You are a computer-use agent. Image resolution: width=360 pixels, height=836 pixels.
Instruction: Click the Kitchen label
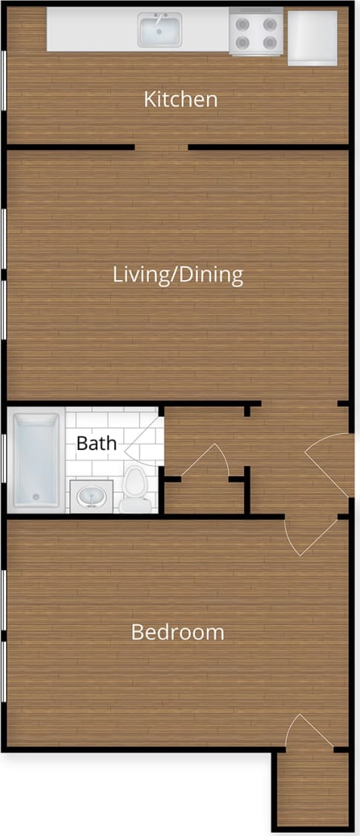click(x=180, y=99)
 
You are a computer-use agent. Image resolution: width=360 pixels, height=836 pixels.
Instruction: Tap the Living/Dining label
click(x=177, y=275)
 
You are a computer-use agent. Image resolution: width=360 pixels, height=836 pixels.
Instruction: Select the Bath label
click(x=96, y=444)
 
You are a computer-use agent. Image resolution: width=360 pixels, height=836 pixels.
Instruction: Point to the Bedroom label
click(x=177, y=633)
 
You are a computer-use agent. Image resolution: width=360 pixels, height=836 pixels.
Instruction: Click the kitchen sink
click(x=160, y=30)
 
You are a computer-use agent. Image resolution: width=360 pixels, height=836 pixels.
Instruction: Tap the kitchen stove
click(x=255, y=32)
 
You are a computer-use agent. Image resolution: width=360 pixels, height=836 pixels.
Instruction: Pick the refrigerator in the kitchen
click(x=312, y=37)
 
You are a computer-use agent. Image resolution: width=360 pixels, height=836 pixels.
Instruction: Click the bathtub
click(x=36, y=460)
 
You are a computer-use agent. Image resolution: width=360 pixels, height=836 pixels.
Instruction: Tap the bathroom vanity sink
click(x=92, y=495)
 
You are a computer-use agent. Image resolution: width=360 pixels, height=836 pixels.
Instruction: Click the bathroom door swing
click(x=145, y=438)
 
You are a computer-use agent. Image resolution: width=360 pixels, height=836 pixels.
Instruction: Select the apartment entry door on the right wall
click(x=330, y=465)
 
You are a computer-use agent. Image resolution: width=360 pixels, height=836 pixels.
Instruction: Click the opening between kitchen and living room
click(x=161, y=147)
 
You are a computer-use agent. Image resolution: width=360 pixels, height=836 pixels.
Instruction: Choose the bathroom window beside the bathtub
click(x=4, y=460)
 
